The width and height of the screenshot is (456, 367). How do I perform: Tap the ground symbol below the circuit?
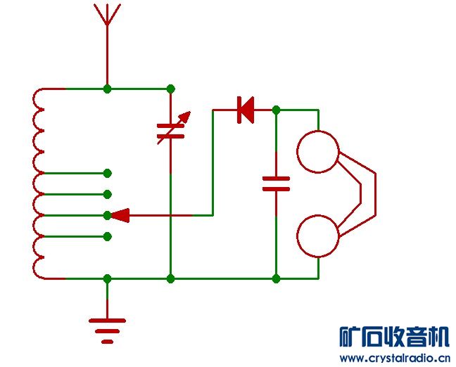point(107,327)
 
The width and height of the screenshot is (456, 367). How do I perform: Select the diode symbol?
point(246,110)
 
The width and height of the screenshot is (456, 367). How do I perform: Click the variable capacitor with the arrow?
point(171,127)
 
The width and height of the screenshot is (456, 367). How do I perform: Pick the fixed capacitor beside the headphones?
point(276,183)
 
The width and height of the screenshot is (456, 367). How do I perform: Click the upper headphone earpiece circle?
point(318,152)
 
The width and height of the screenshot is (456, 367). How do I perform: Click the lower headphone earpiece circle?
point(318,238)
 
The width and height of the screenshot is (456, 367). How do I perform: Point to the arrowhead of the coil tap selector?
point(120,215)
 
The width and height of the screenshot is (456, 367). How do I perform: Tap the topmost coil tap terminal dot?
point(107,173)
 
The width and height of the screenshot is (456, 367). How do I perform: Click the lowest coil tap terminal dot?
point(107,236)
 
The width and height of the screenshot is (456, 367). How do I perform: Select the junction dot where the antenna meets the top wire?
point(107,89)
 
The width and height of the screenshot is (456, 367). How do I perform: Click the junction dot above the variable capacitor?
point(170,89)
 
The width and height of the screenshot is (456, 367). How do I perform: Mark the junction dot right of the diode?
point(276,110)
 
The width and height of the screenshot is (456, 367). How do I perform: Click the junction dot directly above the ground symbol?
point(107,278)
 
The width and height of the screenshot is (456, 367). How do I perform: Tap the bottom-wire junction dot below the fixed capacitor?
point(276,278)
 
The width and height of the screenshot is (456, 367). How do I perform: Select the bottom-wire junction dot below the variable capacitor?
point(170,278)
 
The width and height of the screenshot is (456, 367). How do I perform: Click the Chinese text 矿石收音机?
point(393,337)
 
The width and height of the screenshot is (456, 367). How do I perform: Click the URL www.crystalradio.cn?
point(393,357)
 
